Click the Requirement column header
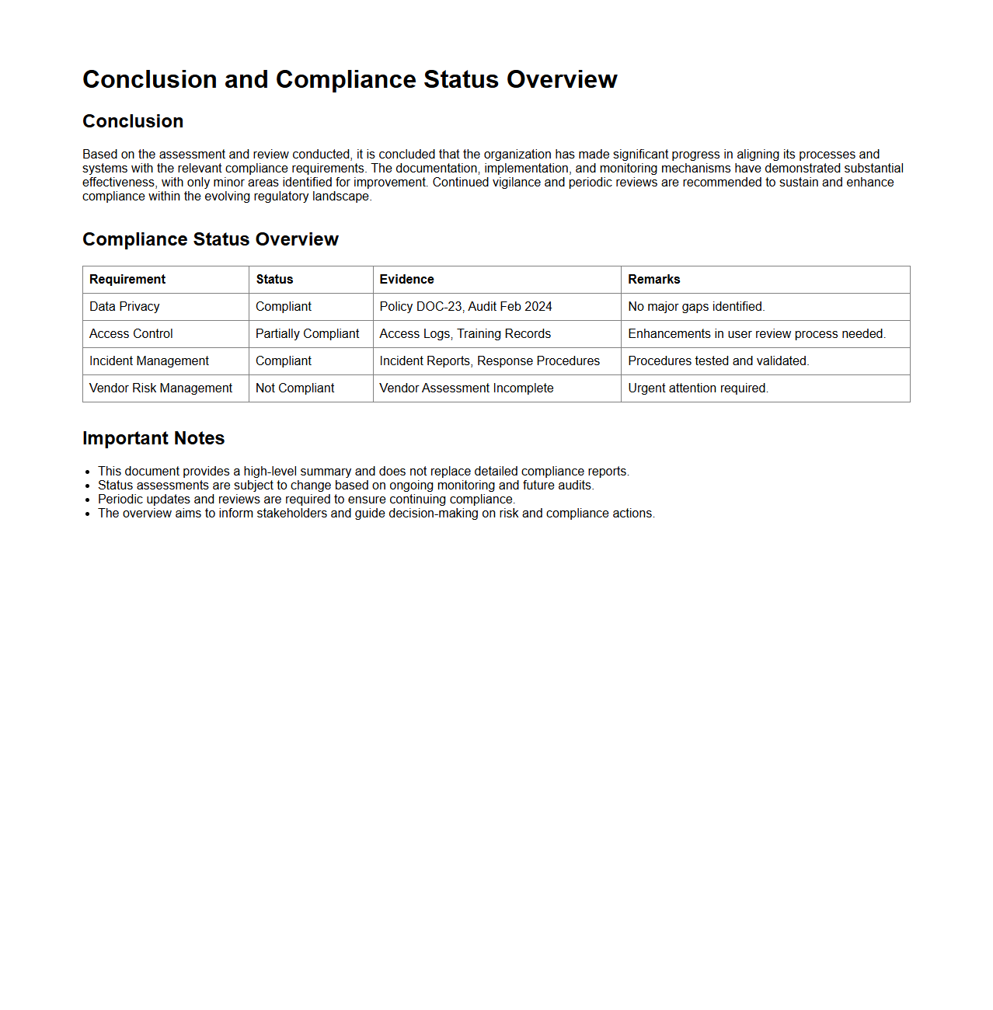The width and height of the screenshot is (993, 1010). (127, 280)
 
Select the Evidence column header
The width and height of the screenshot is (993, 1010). (406, 280)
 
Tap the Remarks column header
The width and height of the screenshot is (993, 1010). (653, 280)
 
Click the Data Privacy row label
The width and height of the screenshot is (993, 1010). (124, 307)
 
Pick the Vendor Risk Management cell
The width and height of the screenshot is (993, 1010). (161, 388)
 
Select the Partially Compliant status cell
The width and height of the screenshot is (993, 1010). (307, 334)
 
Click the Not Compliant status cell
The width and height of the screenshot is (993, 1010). (294, 388)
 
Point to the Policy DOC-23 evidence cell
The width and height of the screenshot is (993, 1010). (465, 307)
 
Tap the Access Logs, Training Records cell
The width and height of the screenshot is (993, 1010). (465, 334)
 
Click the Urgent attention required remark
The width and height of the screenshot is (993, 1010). (698, 388)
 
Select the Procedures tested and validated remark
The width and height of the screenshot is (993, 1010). (718, 361)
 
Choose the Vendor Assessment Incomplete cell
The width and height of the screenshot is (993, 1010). (466, 388)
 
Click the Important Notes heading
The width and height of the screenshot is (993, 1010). (153, 438)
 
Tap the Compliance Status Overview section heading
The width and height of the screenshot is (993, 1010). (210, 239)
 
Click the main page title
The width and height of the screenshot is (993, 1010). (350, 79)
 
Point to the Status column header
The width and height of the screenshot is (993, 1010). (274, 280)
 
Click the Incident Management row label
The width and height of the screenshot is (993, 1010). (149, 361)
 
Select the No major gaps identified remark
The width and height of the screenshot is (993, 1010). (696, 307)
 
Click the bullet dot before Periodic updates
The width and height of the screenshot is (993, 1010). (88, 500)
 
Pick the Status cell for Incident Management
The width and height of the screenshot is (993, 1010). (284, 361)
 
